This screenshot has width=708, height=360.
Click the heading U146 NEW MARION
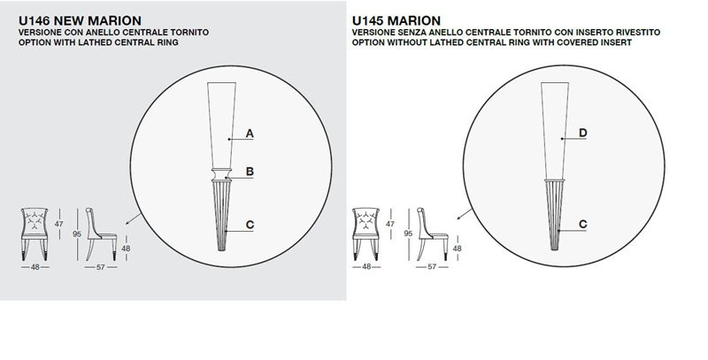click(80, 20)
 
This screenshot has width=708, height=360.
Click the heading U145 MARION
click(396, 20)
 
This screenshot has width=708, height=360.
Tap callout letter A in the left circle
click(250, 134)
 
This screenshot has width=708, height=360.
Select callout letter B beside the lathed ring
click(250, 172)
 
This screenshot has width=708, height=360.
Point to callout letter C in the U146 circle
click(250, 225)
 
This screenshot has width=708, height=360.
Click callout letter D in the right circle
click(583, 133)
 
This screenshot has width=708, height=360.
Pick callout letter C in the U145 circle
click(583, 224)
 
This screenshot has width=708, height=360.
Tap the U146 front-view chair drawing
click(35, 234)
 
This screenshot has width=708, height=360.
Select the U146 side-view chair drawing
click(101, 234)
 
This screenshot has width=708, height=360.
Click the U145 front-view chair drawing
click(366, 234)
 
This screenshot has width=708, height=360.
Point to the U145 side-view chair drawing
click(433, 234)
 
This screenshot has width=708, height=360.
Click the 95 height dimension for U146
click(77, 234)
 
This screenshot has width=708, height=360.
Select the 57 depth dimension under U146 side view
click(101, 267)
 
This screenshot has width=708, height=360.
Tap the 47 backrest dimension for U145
click(390, 224)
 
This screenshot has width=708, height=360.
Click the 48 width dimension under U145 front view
click(366, 266)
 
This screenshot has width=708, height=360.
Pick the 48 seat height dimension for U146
click(126, 249)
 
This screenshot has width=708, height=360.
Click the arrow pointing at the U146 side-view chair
click(134, 218)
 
